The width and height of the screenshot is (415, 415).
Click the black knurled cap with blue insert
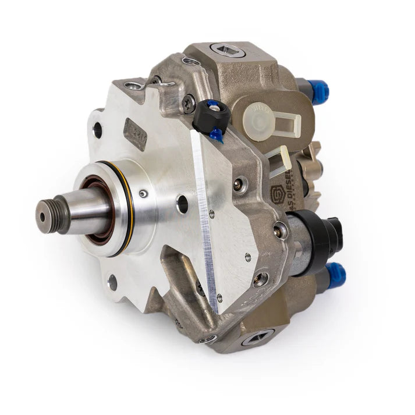210,115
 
